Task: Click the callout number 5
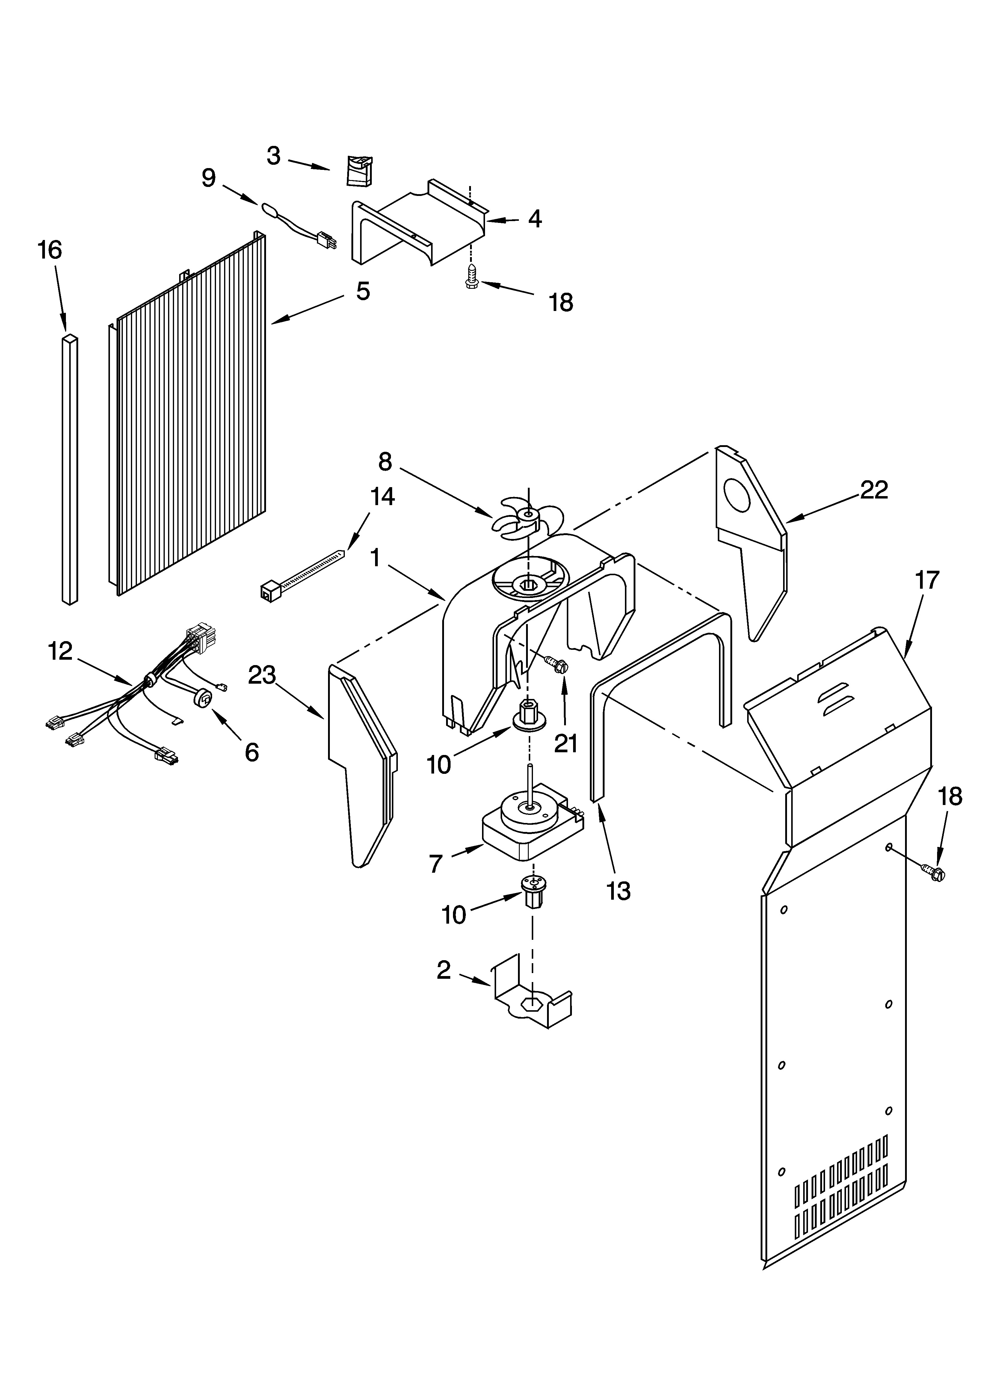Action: pos(363,291)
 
